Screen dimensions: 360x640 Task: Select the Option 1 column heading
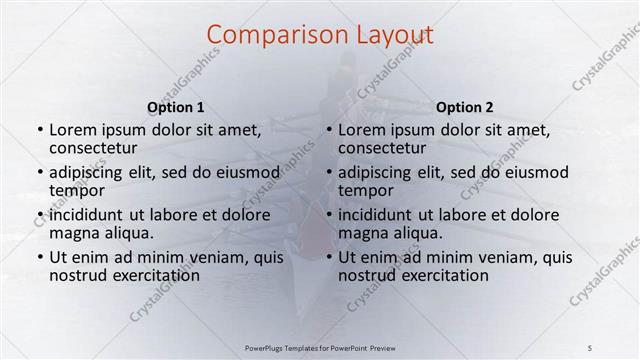(176, 107)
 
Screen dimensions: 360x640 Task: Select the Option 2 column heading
(465, 107)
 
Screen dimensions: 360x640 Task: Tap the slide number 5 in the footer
(589, 347)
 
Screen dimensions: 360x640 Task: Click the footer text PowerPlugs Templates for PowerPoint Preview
(320, 347)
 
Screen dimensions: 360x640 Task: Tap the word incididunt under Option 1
(86, 215)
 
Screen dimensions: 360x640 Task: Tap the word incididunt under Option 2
(375, 215)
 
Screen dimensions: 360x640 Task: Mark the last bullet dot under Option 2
(329, 258)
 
